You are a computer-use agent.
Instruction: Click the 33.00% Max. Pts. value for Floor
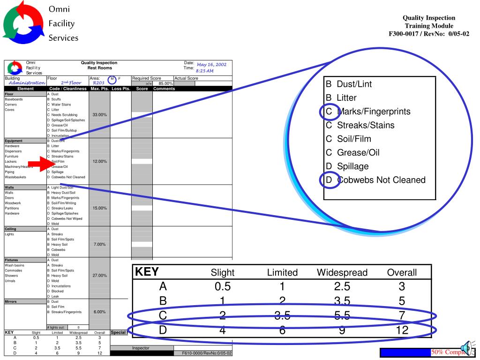click(x=99, y=114)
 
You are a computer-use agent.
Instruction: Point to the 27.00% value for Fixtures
click(x=99, y=276)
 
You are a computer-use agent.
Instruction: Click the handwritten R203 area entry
click(x=99, y=83)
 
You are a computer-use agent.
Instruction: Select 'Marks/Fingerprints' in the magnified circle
click(x=374, y=112)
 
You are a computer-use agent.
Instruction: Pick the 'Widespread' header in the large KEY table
click(x=342, y=272)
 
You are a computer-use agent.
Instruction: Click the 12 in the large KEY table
click(x=402, y=330)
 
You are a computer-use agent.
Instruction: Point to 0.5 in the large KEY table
click(x=220, y=286)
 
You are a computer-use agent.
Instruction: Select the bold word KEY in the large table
click(x=148, y=272)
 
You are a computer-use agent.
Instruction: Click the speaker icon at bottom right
click(x=469, y=349)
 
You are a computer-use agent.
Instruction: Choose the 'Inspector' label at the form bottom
click(x=141, y=348)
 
